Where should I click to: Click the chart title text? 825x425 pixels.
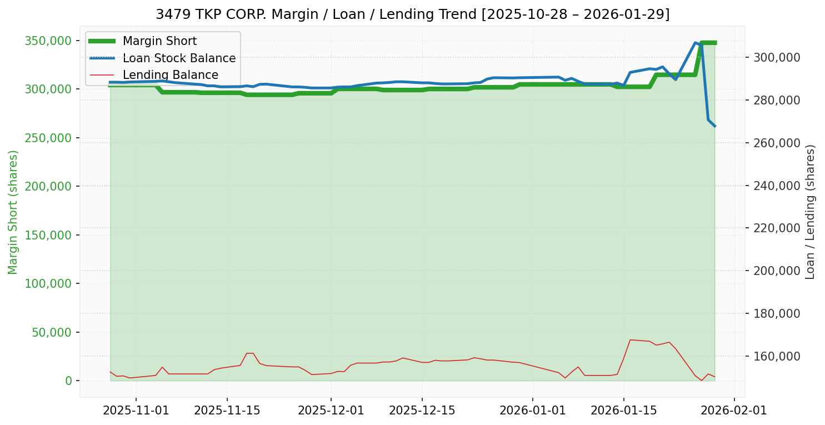tap(412, 14)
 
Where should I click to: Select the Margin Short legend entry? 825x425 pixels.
tap(159, 41)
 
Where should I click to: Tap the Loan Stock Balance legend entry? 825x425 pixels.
tap(179, 58)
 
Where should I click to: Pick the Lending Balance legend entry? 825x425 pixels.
tap(170, 75)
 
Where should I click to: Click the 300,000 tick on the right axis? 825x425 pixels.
tap(776, 57)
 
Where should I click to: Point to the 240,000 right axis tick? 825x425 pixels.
tap(776, 186)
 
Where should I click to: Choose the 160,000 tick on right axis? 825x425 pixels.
tap(776, 356)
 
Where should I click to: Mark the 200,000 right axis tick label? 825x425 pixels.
tap(776, 271)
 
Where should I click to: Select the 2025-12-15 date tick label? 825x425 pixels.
tap(422, 411)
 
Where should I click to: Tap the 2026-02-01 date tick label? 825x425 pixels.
tap(734, 411)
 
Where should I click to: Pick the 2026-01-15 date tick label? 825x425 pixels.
tap(623, 411)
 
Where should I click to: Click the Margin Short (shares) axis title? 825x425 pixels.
tap(13, 212)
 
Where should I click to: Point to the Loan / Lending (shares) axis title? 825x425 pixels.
tap(811, 212)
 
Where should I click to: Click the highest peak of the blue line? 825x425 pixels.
tap(695, 43)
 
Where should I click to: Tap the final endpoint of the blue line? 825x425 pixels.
tap(715, 126)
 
